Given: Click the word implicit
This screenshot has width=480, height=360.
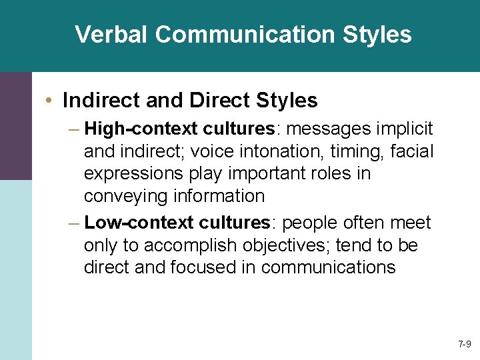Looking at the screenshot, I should pos(405,128).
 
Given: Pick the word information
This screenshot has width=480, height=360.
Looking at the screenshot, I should pos(219,197).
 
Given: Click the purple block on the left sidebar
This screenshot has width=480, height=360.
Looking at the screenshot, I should pos(15,126).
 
